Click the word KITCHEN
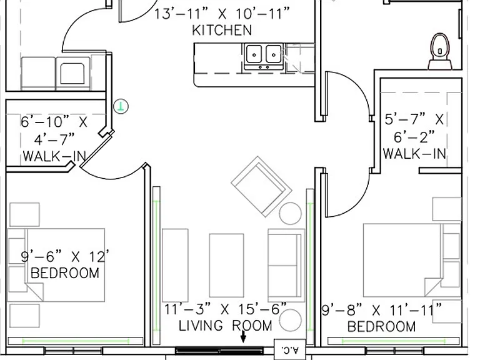point(222,30)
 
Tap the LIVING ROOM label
point(225,326)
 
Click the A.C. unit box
point(289,349)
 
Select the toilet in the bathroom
point(440,51)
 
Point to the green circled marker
point(121,106)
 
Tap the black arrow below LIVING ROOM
point(243,336)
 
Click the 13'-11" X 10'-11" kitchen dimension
point(222,14)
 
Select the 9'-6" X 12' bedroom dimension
point(65,256)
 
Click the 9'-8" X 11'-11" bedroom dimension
point(382,310)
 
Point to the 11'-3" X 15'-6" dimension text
point(226,309)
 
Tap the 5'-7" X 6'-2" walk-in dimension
point(414,128)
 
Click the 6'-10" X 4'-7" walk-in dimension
point(54,131)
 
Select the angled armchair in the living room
point(261,187)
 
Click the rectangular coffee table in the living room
point(226,266)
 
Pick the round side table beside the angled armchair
point(290,213)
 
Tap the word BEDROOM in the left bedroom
point(65,273)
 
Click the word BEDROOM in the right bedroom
point(382,326)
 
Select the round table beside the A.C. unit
point(290,320)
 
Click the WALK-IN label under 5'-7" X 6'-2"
point(414,154)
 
